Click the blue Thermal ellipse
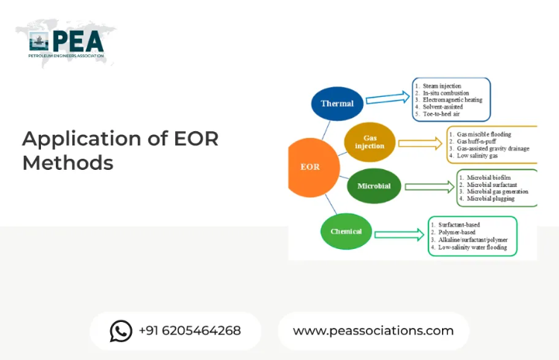coord(337,104)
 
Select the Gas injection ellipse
coord(370,142)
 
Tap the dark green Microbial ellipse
coord(374,186)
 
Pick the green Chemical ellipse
coord(346,231)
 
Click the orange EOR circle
coord(312,167)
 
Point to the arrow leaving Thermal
coord(388,98)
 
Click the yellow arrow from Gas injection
coord(420,143)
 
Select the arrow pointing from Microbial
coord(429,187)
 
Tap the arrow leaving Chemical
coord(399,235)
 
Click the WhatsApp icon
coord(121,331)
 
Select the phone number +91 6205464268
coord(189,331)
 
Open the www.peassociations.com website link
coord(373,331)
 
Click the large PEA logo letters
coord(78,42)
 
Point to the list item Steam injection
coord(442,86)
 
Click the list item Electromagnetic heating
coord(452,100)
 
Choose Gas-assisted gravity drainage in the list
coord(493,148)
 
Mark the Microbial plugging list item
coord(490,198)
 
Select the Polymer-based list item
coord(457,232)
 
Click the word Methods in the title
coord(68,163)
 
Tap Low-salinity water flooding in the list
coord(473,247)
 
